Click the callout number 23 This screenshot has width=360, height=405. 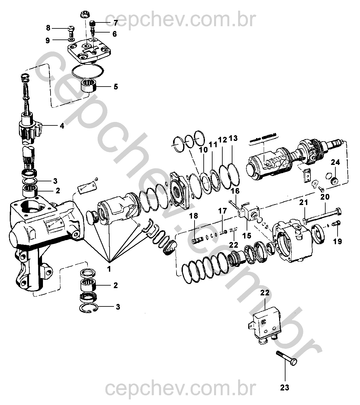(285, 387)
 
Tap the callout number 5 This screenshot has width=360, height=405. (116, 86)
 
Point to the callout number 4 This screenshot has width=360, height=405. (62, 126)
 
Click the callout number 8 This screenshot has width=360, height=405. (48, 28)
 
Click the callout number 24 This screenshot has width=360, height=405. (335, 162)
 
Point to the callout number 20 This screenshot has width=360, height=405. (325, 197)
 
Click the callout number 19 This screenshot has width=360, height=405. (337, 242)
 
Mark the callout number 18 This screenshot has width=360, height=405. (194, 216)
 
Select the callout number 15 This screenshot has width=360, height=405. (247, 235)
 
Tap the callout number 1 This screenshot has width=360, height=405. (109, 269)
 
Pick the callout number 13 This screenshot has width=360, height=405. (233, 138)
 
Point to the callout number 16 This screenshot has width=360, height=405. (235, 191)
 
